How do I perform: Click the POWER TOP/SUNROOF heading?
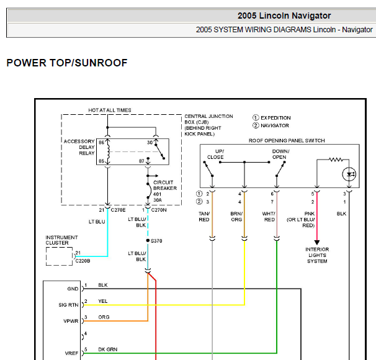[x=67, y=63]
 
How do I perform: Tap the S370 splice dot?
[x=148, y=240]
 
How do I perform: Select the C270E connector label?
[x=118, y=210]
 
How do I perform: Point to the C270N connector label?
[x=159, y=210]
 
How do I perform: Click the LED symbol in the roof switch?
[x=349, y=174]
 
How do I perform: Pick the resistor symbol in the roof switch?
[x=336, y=160]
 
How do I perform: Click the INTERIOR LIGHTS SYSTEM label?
[x=317, y=255]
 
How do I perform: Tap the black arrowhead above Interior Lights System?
[x=317, y=243]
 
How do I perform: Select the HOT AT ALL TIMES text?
[x=110, y=110]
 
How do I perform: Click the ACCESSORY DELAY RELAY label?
[x=79, y=147]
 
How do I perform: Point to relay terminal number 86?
[x=101, y=143]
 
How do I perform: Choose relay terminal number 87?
[x=141, y=161]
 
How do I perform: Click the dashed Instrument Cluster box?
[x=59, y=247]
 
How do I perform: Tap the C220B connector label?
[x=83, y=261]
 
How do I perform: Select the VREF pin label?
[x=71, y=353]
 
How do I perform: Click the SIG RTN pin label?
[x=68, y=305]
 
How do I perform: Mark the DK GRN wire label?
[x=108, y=349]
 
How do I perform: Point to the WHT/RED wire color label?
[x=269, y=217]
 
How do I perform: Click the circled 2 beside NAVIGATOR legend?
[x=256, y=125]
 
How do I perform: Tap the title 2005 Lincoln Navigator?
[x=284, y=16]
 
